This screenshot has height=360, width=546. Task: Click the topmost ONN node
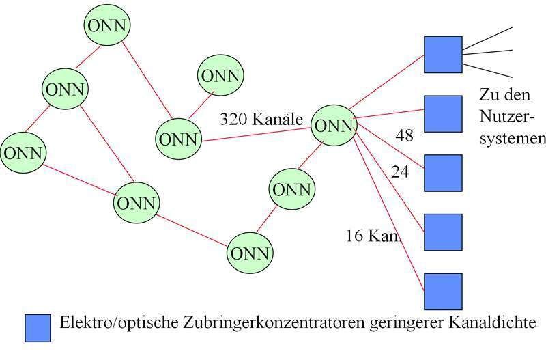107,26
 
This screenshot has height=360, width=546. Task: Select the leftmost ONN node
22,152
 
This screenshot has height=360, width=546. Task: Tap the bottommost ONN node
250,253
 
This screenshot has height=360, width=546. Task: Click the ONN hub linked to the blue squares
334,126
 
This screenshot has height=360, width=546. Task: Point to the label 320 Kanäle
261,118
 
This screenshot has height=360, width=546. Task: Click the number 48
404,136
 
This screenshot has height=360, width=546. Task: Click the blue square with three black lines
443,55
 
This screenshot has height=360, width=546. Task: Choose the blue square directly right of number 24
443,173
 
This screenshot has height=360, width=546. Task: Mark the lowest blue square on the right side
443,292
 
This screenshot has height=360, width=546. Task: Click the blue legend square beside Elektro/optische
38,328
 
